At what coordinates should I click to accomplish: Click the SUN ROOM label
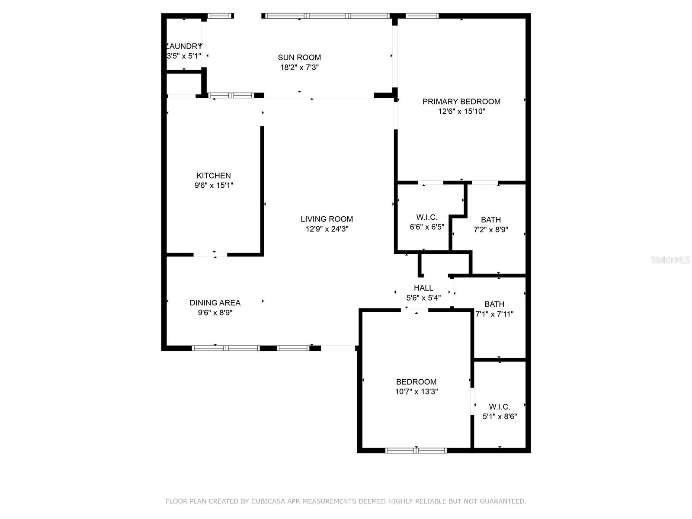(x=299, y=57)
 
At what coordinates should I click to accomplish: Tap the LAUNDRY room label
(x=185, y=46)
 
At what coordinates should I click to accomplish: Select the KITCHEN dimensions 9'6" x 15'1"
(x=214, y=186)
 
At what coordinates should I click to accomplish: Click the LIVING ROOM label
(x=327, y=219)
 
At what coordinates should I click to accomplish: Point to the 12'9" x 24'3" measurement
(x=327, y=229)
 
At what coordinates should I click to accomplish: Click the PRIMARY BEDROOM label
(x=461, y=102)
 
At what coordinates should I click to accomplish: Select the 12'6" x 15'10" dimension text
(x=461, y=112)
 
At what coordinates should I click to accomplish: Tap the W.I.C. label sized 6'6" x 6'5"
(x=427, y=217)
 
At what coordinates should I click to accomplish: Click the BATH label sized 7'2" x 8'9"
(x=491, y=220)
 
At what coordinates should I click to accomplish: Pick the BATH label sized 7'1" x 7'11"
(x=494, y=304)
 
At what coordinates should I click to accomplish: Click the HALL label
(x=423, y=288)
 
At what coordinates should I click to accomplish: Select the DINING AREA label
(x=215, y=303)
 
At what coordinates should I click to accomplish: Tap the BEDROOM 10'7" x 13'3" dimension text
(x=416, y=392)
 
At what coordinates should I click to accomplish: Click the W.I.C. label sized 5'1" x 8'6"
(x=500, y=407)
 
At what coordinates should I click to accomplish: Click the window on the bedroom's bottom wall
(x=416, y=450)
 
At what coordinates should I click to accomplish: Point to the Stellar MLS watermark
(x=670, y=260)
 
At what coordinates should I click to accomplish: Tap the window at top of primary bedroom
(x=422, y=16)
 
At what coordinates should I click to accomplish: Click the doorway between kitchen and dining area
(x=210, y=255)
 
